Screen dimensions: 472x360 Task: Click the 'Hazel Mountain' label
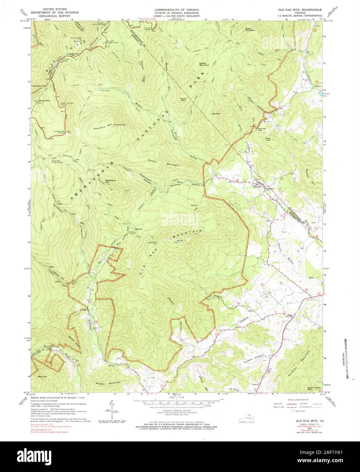(x=250, y=30)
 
